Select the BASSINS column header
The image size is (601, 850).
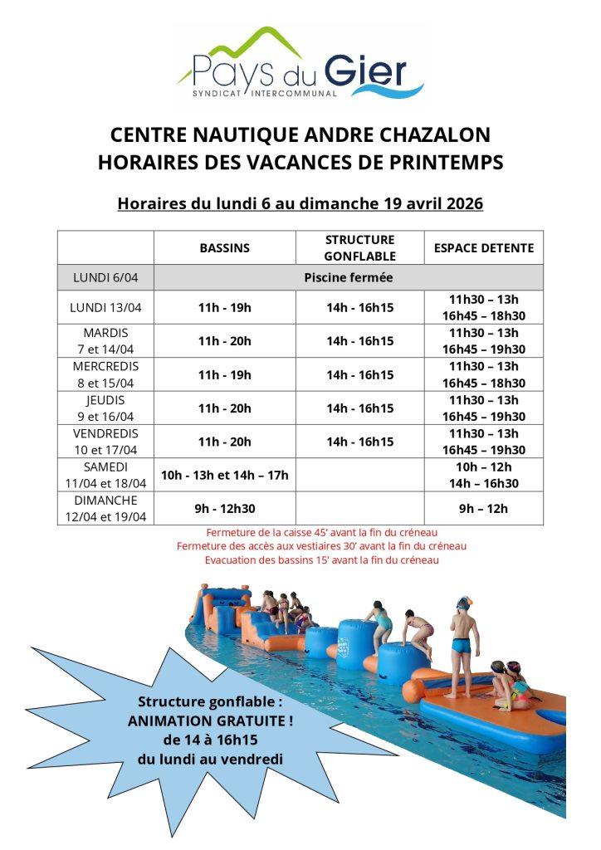pyautogui.click(x=224, y=247)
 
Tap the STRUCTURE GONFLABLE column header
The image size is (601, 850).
pyautogui.click(x=359, y=247)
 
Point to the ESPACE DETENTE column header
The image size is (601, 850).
pyautogui.click(x=484, y=247)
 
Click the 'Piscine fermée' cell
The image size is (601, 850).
pyautogui.click(x=348, y=277)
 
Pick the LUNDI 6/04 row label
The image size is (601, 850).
pyautogui.click(x=105, y=277)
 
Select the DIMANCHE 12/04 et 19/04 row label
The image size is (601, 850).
pyautogui.click(x=105, y=508)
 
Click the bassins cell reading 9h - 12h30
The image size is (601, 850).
pyautogui.click(x=224, y=508)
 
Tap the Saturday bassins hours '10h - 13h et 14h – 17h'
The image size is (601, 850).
pyautogui.click(x=224, y=475)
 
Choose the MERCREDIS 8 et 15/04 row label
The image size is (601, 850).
pyautogui.click(x=105, y=374)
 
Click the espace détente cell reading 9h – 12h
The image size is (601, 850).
pyautogui.click(x=484, y=508)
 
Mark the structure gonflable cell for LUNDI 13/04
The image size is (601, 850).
pyautogui.click(x=359, y=307)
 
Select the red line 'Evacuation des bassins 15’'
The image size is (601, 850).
pyautogui.click(x=322, y=560)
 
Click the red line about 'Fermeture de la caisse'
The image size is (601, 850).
pyautogui.click(x=322, y=532)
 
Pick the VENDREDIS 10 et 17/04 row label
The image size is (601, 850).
pyautogui.click(x=105, y=442)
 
